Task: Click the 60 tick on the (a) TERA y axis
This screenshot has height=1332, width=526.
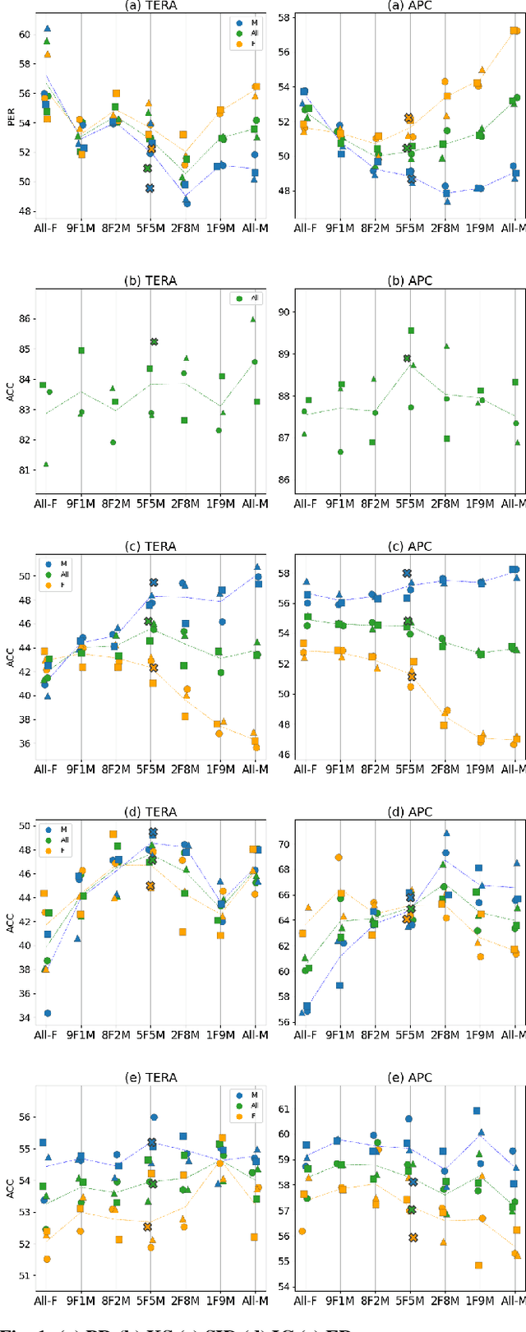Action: (x=23, y=34)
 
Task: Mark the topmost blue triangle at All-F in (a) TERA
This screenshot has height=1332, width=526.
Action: (x=47, y=29)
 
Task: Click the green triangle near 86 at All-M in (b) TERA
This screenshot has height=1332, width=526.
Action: (x=253, y=319)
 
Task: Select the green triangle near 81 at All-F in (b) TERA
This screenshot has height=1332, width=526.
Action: (x=46, y=464)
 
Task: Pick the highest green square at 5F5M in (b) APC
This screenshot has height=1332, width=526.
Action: (x=410, y=331)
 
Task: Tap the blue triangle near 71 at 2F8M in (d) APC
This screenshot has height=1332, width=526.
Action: (x=446, y=833)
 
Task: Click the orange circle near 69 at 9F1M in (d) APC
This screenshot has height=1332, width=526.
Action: (x=339, y=857)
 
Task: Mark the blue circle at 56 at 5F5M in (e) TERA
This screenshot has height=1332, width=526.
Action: (x=154, y=1117)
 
